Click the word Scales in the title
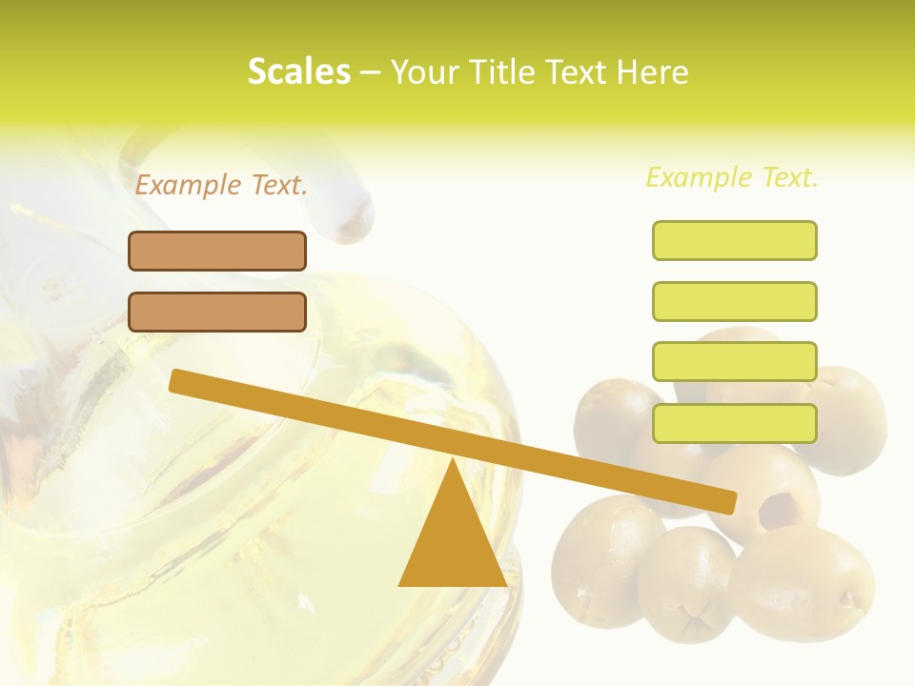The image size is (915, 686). [298, 71]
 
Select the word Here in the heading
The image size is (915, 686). [654, 72]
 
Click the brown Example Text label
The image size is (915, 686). [221, 185]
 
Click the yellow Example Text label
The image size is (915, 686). [732, 177]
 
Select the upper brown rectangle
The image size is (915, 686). [217, 251]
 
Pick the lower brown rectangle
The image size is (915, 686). [217, 312]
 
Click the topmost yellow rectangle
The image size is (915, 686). [734, 240]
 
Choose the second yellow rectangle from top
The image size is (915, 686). [734, 301]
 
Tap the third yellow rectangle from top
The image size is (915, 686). [734, 361]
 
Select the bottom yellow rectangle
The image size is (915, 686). [734, 423]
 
